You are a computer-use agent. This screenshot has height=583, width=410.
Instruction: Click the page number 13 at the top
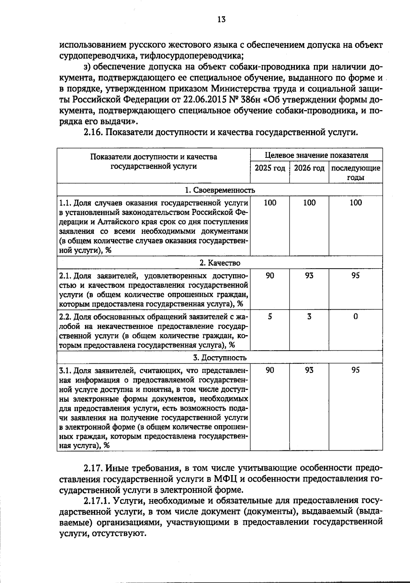[221, 20]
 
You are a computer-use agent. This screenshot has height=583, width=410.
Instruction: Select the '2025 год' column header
[270, 168]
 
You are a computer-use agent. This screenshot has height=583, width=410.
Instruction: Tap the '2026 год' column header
[309, 168]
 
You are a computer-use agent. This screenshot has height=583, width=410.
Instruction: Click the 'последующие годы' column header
[356, 173]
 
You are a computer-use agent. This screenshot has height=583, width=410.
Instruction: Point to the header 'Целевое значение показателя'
[317, 155]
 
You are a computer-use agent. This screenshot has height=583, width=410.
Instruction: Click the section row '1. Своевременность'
[220, 190]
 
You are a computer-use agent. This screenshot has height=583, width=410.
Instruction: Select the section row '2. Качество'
[220, 263]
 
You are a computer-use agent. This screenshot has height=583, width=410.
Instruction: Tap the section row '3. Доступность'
[220, 358]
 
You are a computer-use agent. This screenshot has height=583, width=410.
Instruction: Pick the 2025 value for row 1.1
[270, 203]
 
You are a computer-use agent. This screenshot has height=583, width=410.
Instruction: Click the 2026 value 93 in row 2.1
[309, 276]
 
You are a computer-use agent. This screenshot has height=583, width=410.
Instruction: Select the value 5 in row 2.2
[270, 316]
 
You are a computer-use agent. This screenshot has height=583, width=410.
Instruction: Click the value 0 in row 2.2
[356, 316]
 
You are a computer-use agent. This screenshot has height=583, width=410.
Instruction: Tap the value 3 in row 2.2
[309, 316]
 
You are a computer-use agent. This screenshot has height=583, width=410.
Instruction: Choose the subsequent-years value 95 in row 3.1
[356, 370]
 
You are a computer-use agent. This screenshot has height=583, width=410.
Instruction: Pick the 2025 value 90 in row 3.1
[270, 370]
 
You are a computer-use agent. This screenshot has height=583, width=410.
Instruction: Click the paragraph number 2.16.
[93, 132]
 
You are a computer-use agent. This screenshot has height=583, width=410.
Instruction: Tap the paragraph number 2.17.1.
[97, 501]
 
